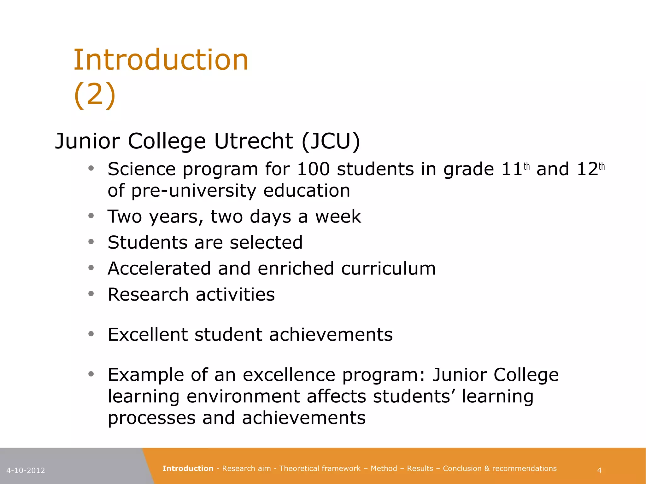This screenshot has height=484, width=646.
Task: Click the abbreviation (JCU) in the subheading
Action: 331,141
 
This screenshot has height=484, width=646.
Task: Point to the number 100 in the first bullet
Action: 313,169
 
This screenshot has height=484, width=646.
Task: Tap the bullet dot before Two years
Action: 91,216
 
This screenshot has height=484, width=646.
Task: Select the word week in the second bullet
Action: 338,217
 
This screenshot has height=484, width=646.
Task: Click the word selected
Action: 266,243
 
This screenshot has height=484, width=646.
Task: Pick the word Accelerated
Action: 159,268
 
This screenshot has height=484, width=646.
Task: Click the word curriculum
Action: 388,268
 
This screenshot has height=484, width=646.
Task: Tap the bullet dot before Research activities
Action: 91,294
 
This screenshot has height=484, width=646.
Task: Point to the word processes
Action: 151,418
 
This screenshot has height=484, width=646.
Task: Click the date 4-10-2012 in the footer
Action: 26,470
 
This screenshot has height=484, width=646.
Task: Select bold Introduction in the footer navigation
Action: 188,469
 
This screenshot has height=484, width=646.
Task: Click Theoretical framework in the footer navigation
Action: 320,469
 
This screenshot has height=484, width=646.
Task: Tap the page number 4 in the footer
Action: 599,470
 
